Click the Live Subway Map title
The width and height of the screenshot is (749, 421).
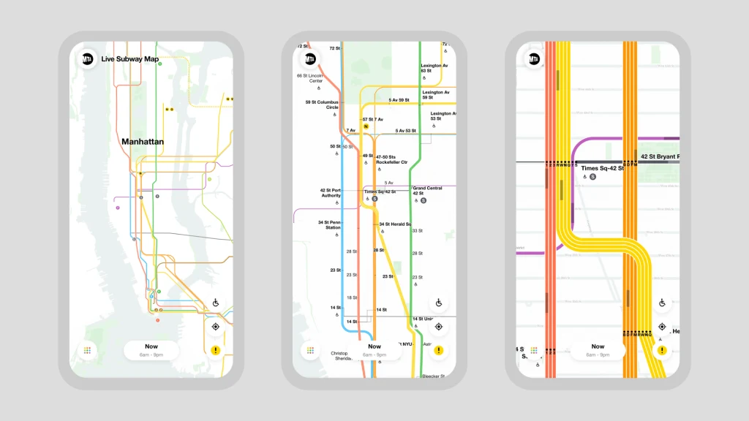coord(130,59)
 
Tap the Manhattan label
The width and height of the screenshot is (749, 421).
coord(143,142)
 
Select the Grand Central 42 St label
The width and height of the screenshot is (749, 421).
coord(427,191)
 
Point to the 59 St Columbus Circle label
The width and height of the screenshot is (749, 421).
coord(322,105)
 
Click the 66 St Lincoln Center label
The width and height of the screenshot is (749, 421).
coord(309,78)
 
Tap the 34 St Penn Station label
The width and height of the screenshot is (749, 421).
coord(329,225)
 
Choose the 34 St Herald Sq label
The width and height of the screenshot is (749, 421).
coord(395,224)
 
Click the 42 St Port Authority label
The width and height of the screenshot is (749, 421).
coord(331,193)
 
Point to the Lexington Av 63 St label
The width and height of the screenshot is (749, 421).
coord(435,68)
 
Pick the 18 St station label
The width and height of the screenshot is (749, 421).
coord(351,297)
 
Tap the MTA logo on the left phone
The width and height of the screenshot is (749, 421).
coord(88,59)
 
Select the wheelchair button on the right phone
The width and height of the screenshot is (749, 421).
coord(662,303)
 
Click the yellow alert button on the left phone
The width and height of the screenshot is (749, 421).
coord(216,350)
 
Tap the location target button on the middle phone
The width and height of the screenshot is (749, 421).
coord(439,326)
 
